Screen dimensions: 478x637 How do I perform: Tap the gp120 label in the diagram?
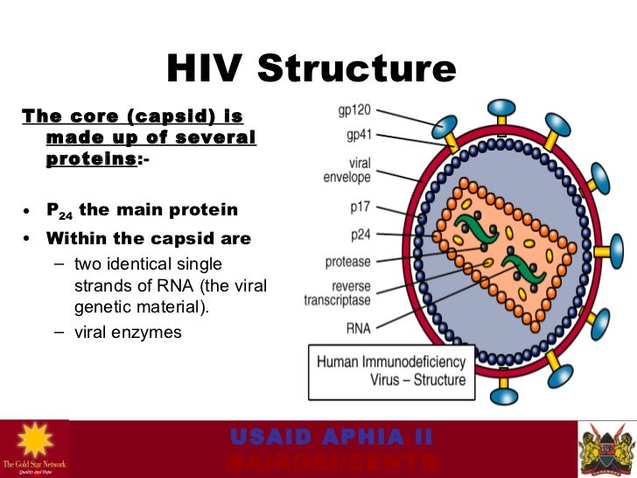[x=359, y=113]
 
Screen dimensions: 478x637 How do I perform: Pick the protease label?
[x=347, y=261]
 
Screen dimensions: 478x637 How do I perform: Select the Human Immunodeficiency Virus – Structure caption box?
[x=391, y=370]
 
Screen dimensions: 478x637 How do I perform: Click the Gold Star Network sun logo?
[x=34, y=442]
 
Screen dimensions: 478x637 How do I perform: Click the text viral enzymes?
[x=128, y=332]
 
